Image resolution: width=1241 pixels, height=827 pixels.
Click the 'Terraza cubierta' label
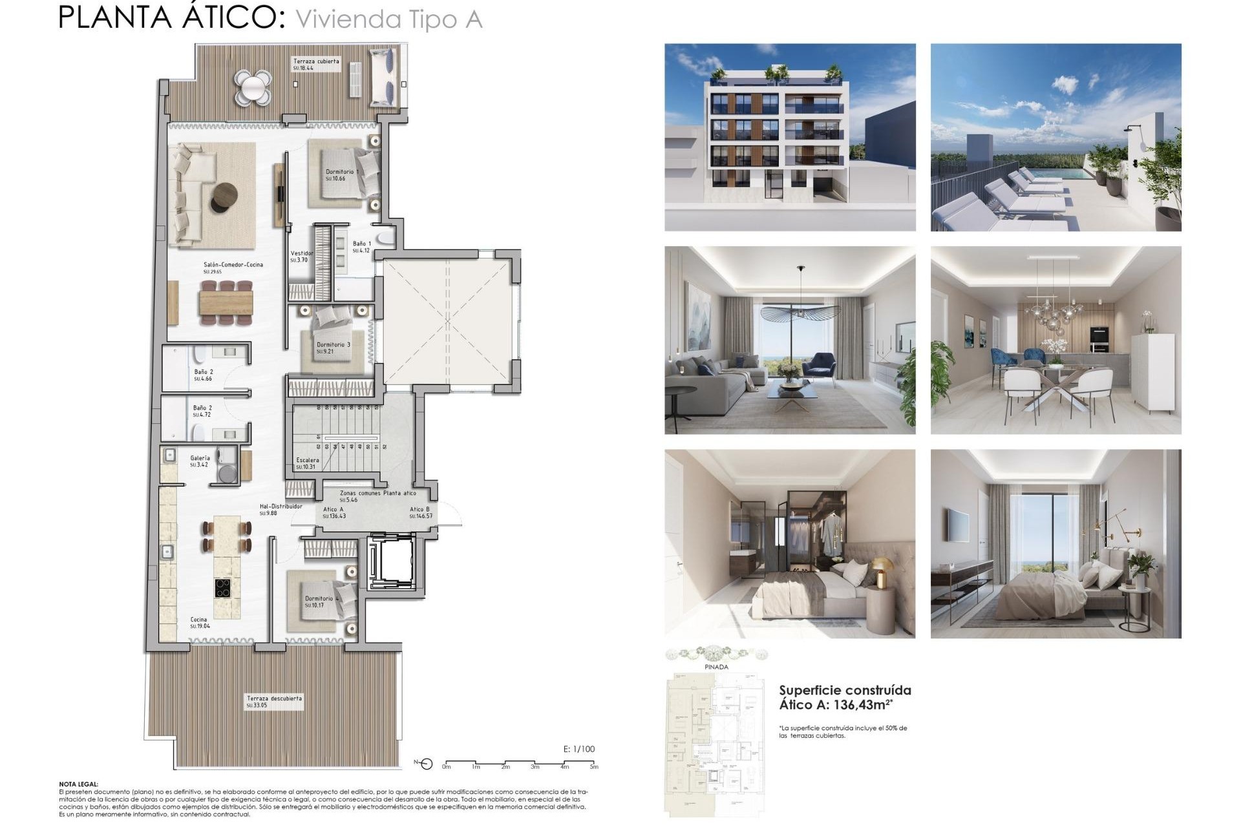coord(316,61)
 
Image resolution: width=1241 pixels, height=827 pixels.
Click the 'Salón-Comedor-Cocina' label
coord(233,265)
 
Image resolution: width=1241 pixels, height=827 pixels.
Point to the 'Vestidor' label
coord(301,253)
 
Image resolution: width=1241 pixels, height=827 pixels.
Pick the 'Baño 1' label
coord(361,244)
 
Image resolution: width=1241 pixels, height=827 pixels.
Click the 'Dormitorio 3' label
coord(333,345)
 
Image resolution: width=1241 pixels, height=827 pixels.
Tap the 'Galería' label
coord(200,458)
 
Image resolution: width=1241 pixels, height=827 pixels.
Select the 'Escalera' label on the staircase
coord(308,460)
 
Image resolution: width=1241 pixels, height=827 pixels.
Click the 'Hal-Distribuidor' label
coord(281,507)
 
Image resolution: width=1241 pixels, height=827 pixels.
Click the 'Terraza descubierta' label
coord(273,698)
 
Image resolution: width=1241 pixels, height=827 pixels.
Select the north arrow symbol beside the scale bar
coord(425,764)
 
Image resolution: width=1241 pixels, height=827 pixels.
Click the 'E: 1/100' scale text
coord(579,749)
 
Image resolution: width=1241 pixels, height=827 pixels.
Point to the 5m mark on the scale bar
coord(593,766)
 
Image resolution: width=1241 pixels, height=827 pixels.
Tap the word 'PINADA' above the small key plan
coord(716,667)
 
